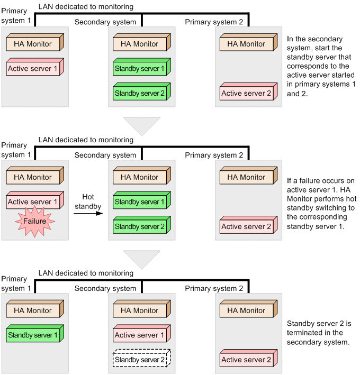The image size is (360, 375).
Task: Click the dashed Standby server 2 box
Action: pyautogui.click(x=141, y=360)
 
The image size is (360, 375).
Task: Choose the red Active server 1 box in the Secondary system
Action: pyautogui.click(x=141, y=335)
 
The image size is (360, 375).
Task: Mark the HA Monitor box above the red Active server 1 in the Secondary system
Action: pyautogui.click(x=141, y=310)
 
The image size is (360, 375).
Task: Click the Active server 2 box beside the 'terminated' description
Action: pyautogui.click(x=248, y=360)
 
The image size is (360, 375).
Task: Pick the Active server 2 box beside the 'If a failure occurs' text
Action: pyautogui.click(x=248, y=226)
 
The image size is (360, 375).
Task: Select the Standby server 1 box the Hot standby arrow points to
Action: pyautogui.click(x=141, y=202)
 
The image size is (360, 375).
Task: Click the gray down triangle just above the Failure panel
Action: pyautogui.click(x=141, y=126)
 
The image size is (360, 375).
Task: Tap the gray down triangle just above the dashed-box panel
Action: pyautogui.click(x=141, y=259)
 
